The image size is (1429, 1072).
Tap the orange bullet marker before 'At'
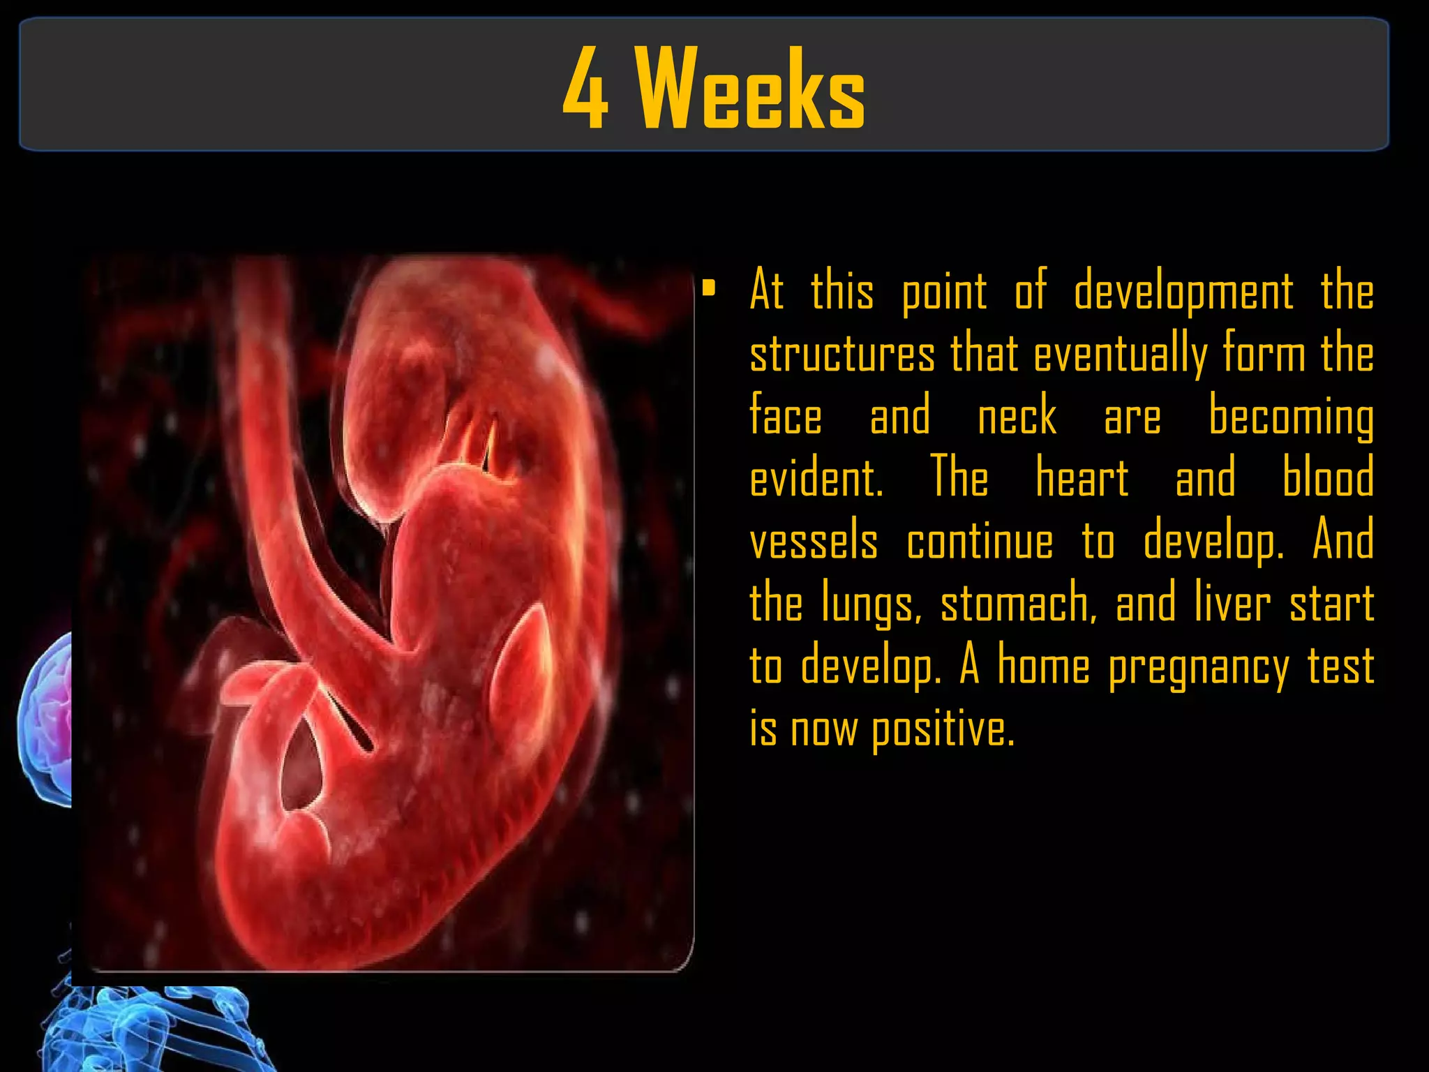[709, 288]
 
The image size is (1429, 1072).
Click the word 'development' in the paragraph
[1183, 292]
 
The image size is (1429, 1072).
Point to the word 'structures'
[842, 354]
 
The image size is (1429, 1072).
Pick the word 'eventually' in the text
[1120, 354]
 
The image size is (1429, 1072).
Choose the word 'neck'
[1017, 416]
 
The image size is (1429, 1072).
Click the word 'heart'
[1082, 478]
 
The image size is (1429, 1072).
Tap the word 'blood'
[1328, 478]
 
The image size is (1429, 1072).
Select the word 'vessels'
[814, 541]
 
